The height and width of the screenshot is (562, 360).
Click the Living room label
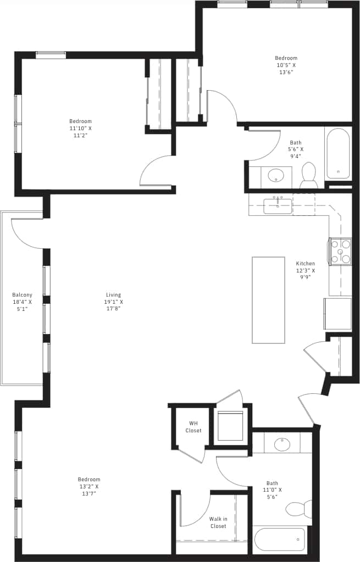(114, 302)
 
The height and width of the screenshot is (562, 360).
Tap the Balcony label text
(22, 302)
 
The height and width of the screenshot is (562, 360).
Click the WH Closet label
(193, 427)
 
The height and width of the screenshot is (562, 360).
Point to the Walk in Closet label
(218, 522)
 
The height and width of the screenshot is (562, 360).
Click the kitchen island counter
(268, 300)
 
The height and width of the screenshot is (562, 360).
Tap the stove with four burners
(340, 252)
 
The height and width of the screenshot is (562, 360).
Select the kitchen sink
(278, 205)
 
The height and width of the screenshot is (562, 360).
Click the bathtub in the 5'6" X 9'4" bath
(337, 153)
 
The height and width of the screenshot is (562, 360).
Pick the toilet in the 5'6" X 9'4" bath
(308, 175)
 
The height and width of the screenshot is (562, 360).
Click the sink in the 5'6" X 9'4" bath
(275, 176)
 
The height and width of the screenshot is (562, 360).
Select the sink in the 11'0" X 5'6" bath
(283, 443)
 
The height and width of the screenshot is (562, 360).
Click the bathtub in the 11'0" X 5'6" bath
(279, 539)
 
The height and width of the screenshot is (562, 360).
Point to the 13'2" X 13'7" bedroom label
(88, 486)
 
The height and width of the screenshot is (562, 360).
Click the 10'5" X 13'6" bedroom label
(286, 65)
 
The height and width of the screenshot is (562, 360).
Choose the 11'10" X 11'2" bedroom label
(80, 128)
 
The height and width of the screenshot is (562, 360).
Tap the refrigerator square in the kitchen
(337, 314)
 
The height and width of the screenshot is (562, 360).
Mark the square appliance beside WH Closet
(230, 426)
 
